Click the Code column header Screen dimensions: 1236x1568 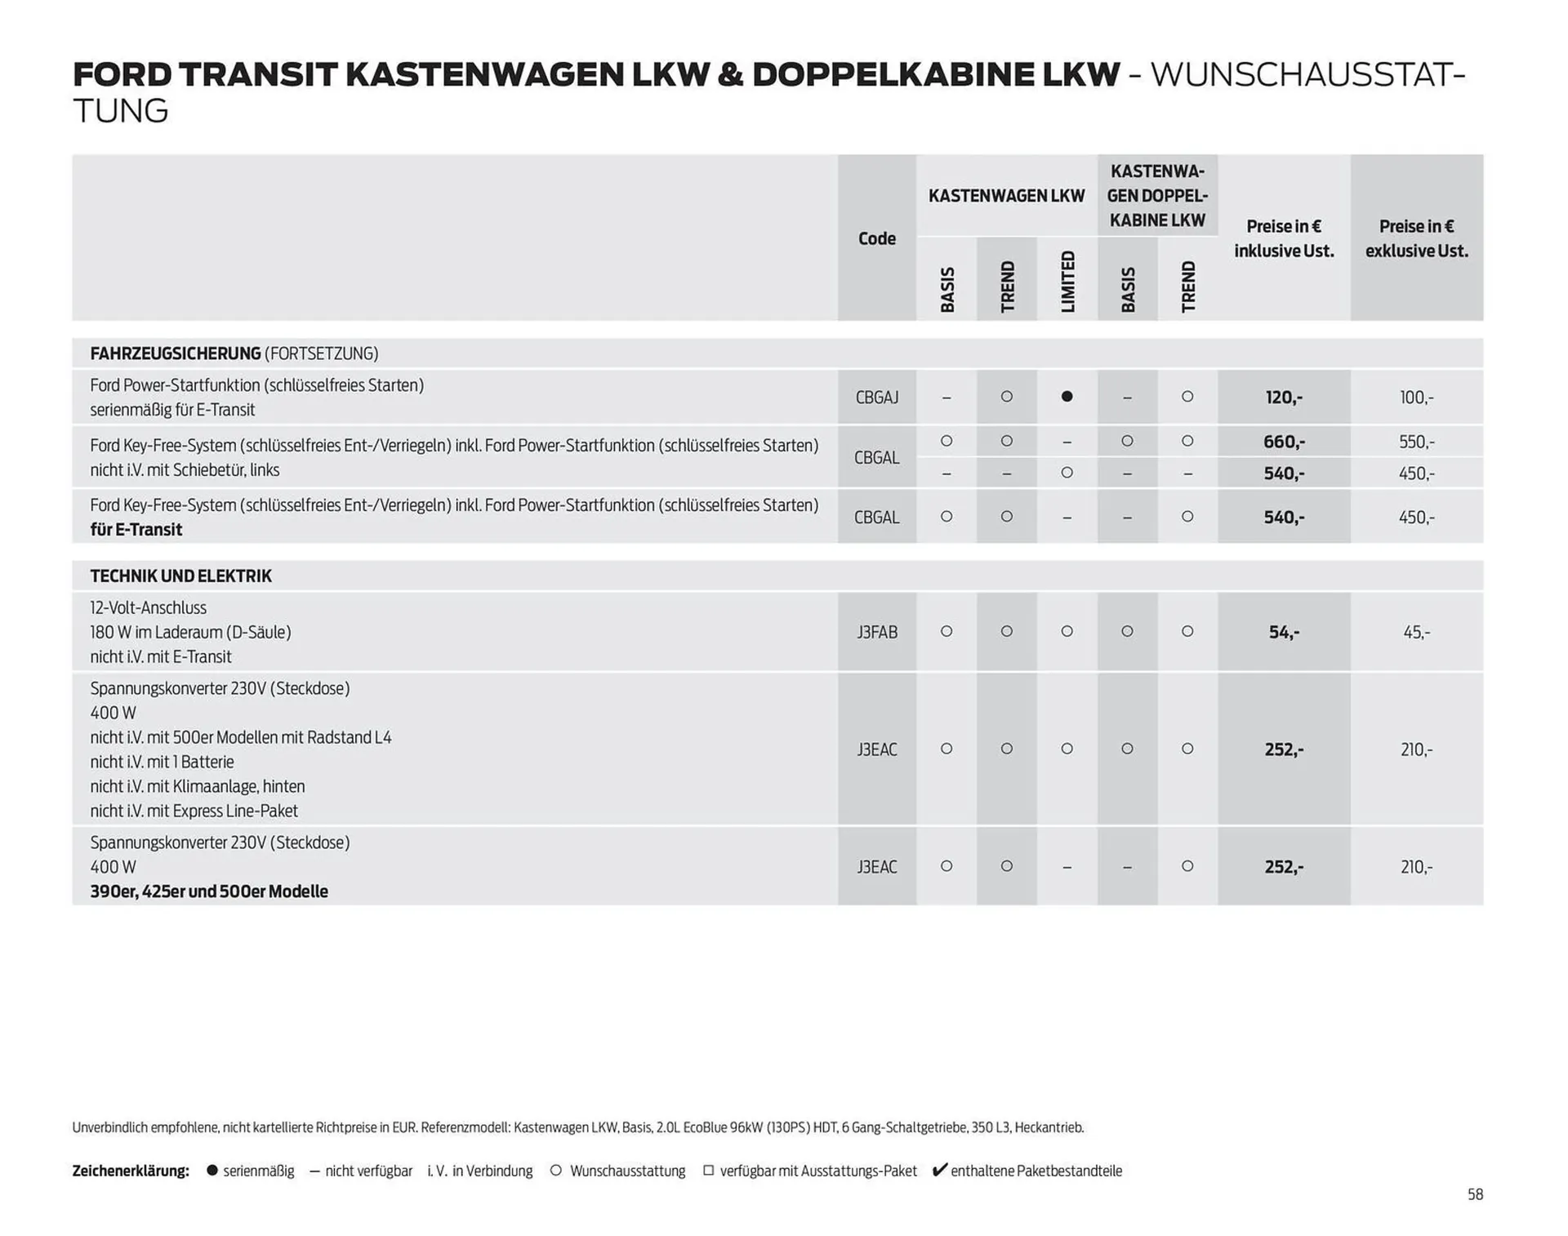coord(876,238)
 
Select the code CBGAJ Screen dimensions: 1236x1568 coord(876,398)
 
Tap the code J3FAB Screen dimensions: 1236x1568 coord(876,632)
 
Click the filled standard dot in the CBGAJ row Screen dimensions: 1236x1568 coord(1067,397)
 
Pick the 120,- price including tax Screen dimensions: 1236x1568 coord(1283,398)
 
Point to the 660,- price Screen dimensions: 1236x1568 coord(1283,442)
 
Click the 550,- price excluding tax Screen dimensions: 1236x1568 coord(1416,442)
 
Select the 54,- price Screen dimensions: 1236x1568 coord(1283,632)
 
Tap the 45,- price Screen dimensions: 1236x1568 coord(1416,632)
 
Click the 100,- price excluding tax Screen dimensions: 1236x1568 coord(1416,398)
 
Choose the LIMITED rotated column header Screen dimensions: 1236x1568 coord(1067,282)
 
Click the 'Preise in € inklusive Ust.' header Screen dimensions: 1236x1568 coord(1283,238)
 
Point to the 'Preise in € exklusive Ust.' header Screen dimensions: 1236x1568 coord(1416,238)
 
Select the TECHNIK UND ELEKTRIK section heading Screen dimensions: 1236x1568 coord(180,576)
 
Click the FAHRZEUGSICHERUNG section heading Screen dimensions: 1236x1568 coord(176,353)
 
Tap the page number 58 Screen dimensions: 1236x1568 coord(1474,1194)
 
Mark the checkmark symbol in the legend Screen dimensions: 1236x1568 coord(939,1170)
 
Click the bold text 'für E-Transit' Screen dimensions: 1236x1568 coord(136,530)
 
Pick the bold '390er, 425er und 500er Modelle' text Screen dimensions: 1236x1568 coord(209,891)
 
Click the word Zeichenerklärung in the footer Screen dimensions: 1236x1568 coord(131,1171)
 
